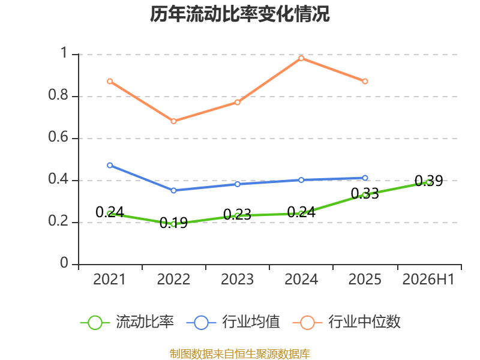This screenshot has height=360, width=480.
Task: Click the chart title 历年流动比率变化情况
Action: [239, 14]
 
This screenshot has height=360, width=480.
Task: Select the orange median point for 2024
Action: [301, 58]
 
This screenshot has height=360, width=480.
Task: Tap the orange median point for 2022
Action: [173, 121]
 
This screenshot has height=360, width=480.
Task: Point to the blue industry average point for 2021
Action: [110, 166]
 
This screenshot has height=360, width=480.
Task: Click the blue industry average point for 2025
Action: [365, 178]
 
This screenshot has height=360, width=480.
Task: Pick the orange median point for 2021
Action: [110, 82]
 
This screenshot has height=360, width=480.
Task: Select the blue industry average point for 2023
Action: [237, 184]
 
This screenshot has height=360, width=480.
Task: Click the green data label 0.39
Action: [428, 181]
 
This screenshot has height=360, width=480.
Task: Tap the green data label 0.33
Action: [365, 193]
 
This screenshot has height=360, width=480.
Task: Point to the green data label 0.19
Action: [173, 223]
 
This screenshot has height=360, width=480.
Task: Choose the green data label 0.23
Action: [237, 214]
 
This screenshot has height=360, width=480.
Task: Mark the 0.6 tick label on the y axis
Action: [58, 137]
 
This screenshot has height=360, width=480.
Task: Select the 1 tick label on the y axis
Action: [64, 53]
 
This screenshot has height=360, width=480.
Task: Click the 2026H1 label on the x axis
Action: [428, 280]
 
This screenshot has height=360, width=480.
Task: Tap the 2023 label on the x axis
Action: [237, 280]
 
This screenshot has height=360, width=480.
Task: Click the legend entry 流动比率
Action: [127, 322]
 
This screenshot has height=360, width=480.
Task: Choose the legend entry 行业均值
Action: [233, 322]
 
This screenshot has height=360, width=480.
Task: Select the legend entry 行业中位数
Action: [347, 322]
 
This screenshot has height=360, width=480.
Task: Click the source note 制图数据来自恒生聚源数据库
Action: [240, 354]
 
